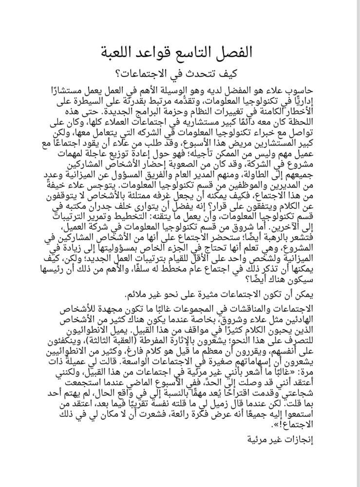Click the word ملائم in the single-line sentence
pyautogui.click(x=136, y=295)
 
